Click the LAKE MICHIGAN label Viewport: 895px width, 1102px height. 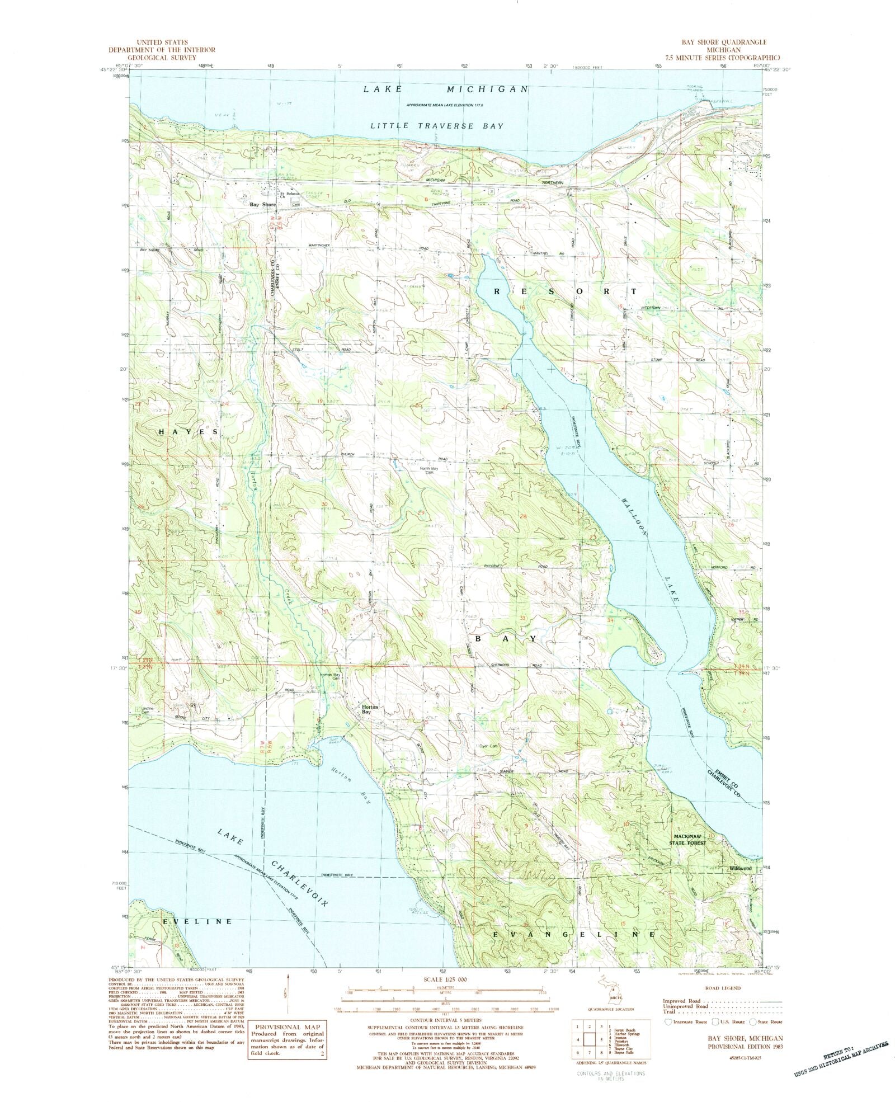tap(445, 89)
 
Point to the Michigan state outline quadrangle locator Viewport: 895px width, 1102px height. tap(604, 1002)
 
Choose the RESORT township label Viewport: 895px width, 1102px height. tap(566, 291)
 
